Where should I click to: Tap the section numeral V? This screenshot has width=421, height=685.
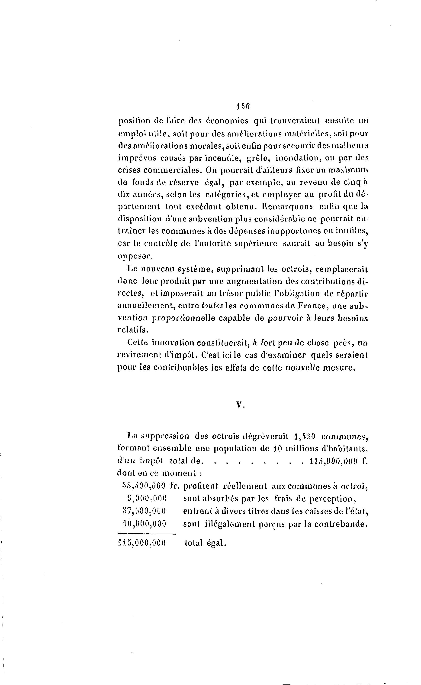click(240, 405)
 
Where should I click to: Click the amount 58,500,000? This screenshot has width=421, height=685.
click(144, 486)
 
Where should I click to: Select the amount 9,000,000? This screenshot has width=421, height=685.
click(147, 498)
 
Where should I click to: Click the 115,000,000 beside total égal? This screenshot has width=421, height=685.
click(142, 543)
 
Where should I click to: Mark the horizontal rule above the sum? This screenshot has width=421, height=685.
click(147, 534)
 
